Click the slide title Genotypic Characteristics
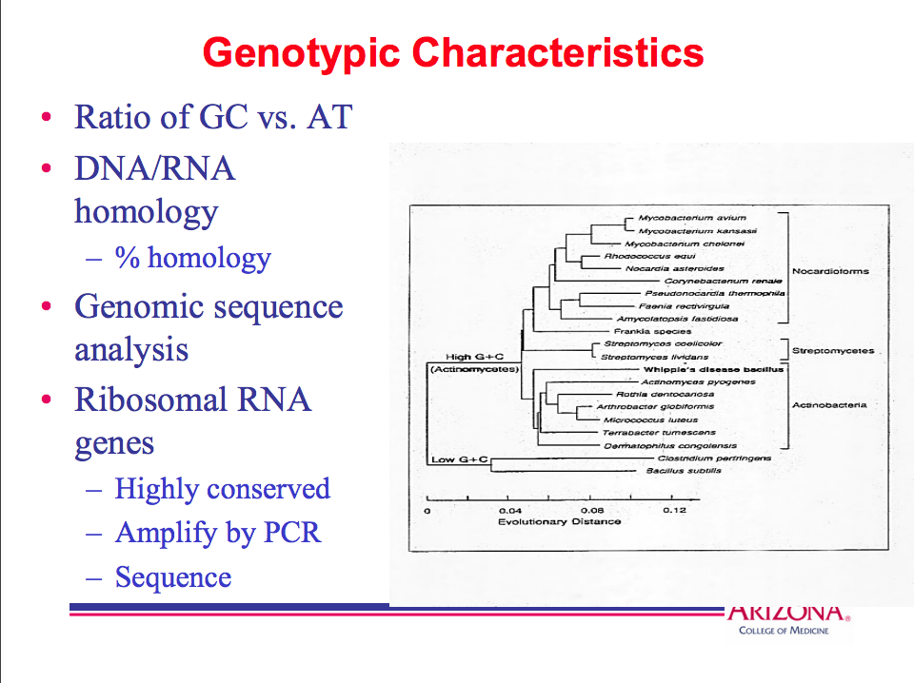pyautogui.click(x=453, y=52)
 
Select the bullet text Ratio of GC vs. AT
pyautogui.click(x=213, y=117)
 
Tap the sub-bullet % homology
pyautogui.click(x=193, y=258)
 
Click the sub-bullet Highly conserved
pyautogui.click(x=222, y=489)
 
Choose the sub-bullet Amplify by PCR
pyautogui.click(x=218, y=533)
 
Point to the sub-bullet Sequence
pyautogui.click(x=173, y=577)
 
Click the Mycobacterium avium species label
pyautogui.click(x=679, y=218)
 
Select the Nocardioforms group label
pyautogui.click(x=830, y=271)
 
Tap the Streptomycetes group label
pyautogui.click(x=833, y=351)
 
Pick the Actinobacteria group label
pyautogui.click(x=829, y=405)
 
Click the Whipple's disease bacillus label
pyautogui.click(x=713, y=369)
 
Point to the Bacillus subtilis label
pyautogui.click(x=684, y=471)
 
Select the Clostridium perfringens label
pyautogui.click(x=714, y=458)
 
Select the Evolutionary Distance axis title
pyautogui.click(x=559, y=521)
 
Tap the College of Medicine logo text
pyautogui.click(x=784, y=631)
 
